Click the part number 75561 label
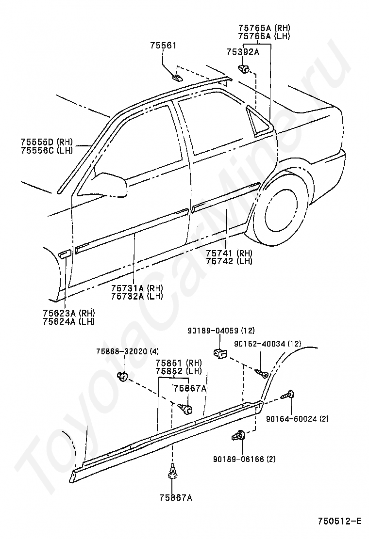tap(163, 46)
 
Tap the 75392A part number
tap(243, 52)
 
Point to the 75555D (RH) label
tap(47, 142)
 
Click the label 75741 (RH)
tap(229, 253)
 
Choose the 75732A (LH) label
tap(137, 296)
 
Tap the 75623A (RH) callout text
tap(69, 313)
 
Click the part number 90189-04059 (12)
tap(221, 331)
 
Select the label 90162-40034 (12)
tap(268, 343)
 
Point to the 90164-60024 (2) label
tap(297, 419)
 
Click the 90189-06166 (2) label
tap(244, 459)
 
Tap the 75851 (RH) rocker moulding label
tap(179, 363)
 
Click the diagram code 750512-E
tap(340, 522)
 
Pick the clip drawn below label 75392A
tap(244, 69)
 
